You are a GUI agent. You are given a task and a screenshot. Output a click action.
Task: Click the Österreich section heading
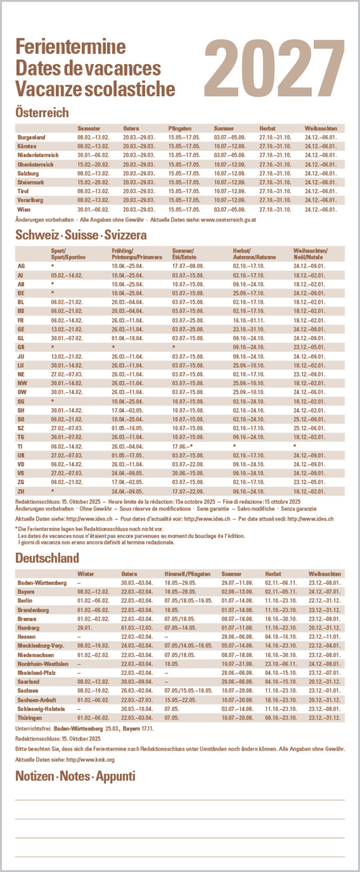pos(42,112)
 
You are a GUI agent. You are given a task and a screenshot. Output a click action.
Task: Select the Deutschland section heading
pos(47,558)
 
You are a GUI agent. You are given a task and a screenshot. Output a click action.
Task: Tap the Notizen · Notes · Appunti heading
pos(75,776)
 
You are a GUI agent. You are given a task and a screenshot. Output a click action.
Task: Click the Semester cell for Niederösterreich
pos(93,155)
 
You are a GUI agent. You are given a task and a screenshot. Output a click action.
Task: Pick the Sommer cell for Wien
pos(230,209)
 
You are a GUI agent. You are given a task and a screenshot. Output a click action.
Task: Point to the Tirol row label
pos(23,191)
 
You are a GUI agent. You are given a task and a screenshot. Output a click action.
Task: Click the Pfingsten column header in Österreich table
pos(180,128)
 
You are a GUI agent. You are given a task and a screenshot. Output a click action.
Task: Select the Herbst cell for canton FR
pos(248,320)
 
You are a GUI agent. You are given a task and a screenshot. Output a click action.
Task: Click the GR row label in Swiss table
pos(21,347)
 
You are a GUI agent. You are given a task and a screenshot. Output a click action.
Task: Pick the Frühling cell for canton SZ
pos(127,428)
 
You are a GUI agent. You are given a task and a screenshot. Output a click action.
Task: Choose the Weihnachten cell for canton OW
pos(309,392)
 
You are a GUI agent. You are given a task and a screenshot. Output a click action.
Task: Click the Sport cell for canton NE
pos(67,374)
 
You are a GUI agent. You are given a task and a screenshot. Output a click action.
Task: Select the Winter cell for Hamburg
pos(84,628)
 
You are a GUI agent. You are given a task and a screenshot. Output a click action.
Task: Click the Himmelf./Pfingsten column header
pos(187,574)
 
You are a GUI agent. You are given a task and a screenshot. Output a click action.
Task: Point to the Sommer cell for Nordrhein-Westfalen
pos(237,664)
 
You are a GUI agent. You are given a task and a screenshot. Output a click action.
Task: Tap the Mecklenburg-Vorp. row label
pos(41,646)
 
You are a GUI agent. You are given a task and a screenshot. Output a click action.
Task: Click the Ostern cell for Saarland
pos(137,682)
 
